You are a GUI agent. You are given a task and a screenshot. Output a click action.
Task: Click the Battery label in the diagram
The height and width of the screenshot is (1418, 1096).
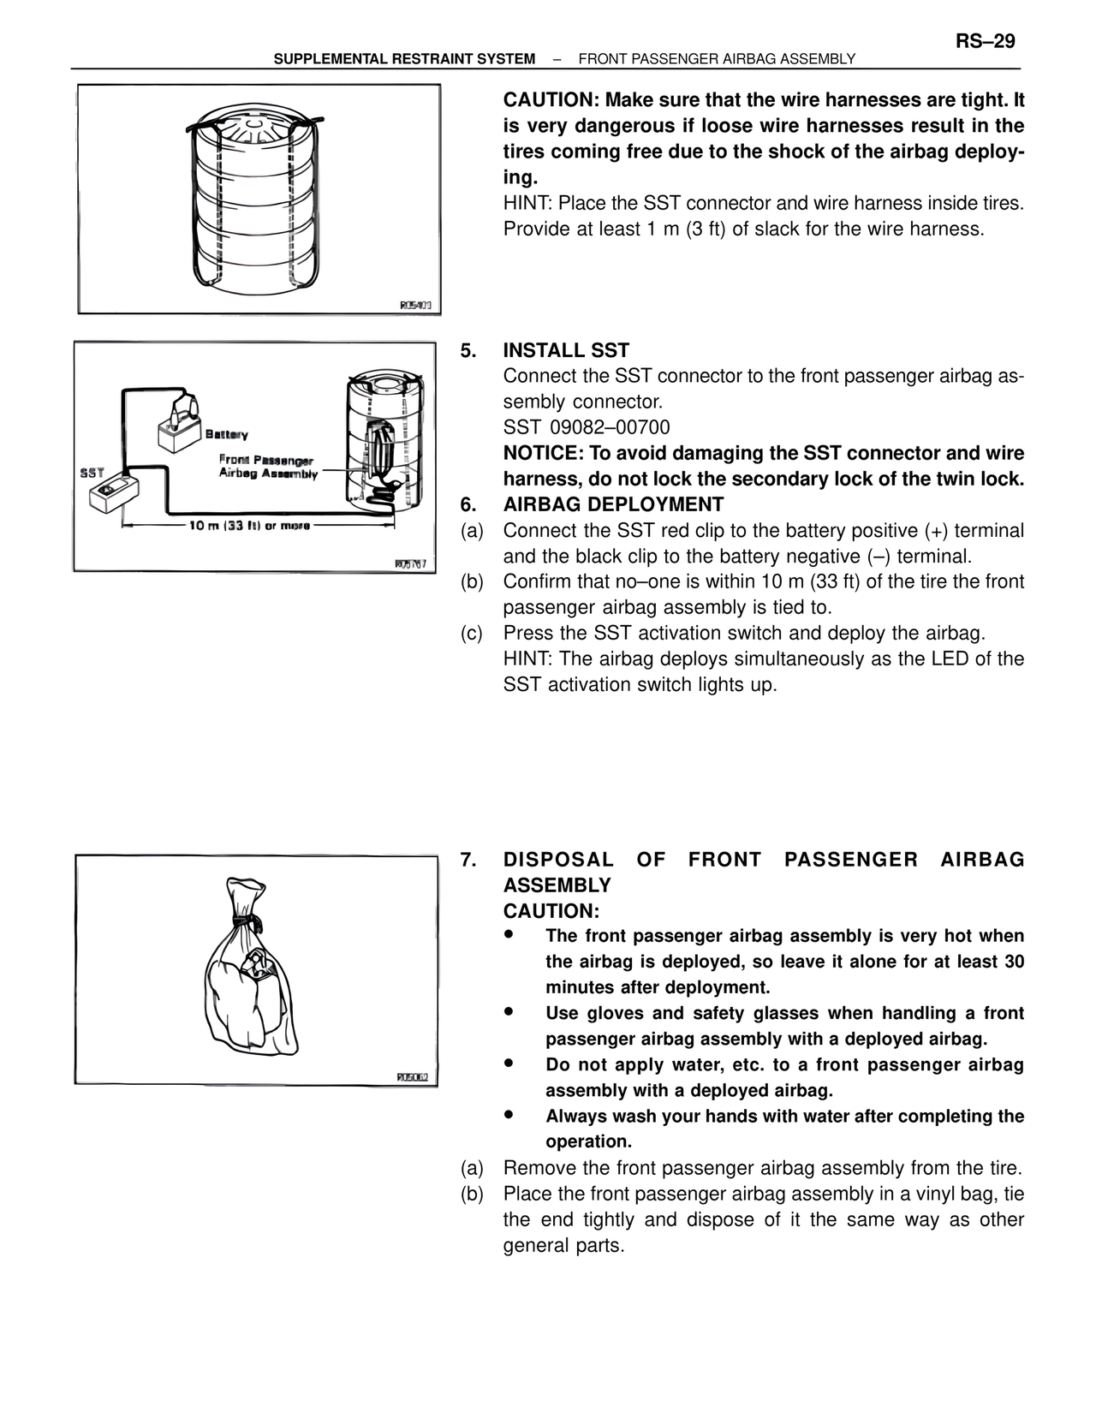tap(227, 435)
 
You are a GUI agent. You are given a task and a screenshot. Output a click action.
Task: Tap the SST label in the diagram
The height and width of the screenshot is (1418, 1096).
tap(92, 473)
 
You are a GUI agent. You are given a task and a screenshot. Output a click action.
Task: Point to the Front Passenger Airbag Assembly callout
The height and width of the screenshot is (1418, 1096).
tap(267, 467)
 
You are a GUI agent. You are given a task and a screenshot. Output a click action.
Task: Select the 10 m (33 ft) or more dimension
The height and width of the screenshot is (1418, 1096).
tap(249, 526)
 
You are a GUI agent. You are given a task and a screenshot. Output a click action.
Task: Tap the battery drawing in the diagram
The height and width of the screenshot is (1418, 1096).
tap(179, 428)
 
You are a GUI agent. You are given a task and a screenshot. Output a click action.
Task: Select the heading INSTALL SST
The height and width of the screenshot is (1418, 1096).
tap(566, 350)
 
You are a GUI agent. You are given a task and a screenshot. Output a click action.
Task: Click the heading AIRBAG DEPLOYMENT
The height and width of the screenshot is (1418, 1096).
tap(613, 504)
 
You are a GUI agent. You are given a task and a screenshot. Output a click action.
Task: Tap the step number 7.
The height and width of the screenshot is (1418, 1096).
tap(468, 860)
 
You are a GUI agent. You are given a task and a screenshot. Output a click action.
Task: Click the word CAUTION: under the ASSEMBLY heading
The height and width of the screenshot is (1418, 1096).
tap(551, 911)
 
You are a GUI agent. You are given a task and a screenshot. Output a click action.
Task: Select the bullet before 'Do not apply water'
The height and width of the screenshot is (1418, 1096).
tap(509, 1063)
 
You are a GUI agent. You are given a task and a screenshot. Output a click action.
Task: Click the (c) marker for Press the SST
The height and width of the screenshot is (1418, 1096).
tap(472, 633)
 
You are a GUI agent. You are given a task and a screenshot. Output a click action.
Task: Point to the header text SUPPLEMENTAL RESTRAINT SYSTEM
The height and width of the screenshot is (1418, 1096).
tap(404, 59)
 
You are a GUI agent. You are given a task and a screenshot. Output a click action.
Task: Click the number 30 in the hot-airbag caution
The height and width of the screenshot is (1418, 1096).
tap(1014, 962)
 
